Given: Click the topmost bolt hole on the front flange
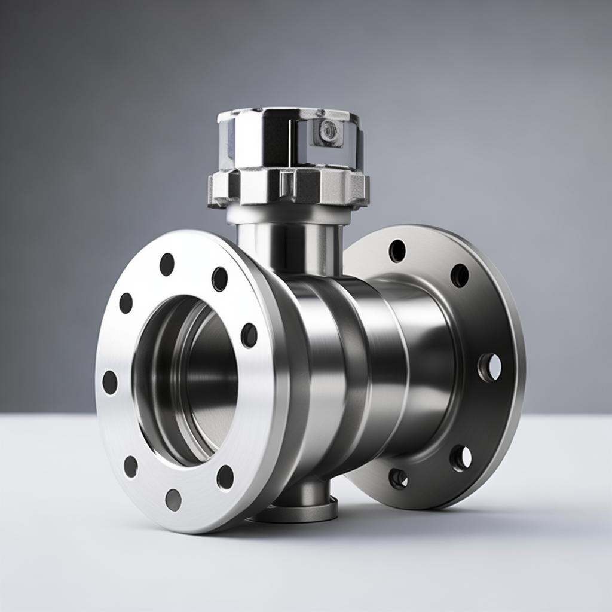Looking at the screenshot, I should [167, 264].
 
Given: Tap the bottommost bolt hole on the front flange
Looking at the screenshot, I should [173, 500].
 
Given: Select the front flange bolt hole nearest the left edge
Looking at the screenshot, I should [110, 382].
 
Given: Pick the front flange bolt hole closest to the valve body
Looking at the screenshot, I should [249, 335].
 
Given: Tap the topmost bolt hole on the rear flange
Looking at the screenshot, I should [397, 251].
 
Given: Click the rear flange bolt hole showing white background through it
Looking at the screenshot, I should [490, 367].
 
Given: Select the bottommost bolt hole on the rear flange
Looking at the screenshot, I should [398, 478].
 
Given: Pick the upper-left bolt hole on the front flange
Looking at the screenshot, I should [126, 303].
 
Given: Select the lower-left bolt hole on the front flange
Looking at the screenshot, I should [130, 466].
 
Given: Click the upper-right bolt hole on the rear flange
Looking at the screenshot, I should [460, 276].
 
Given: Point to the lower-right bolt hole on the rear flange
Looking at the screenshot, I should [461, 458].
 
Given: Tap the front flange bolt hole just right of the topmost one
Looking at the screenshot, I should [220, 279].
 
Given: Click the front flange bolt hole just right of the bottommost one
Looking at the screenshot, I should [225, 477].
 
